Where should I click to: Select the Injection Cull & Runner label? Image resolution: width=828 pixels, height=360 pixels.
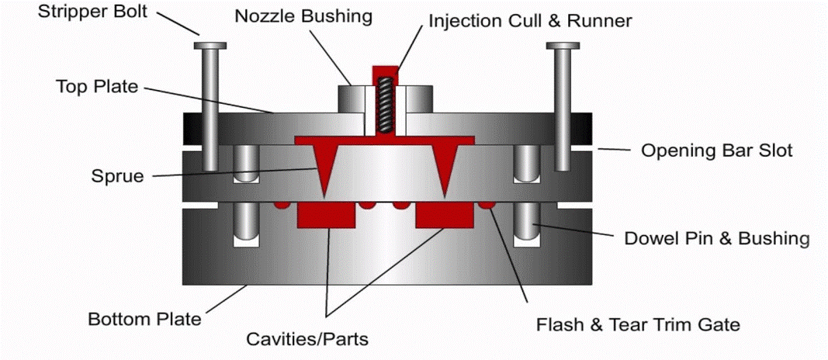click(530, 21)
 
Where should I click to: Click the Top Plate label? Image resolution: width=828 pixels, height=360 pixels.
click(95, 86)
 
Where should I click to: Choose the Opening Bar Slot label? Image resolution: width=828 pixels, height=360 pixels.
click(716, 150)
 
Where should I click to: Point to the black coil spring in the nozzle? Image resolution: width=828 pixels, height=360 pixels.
click(384, 105)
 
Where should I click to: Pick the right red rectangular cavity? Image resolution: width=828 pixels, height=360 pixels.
click(444, 214)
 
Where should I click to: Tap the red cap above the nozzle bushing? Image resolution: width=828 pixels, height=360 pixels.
click(385, 71)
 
